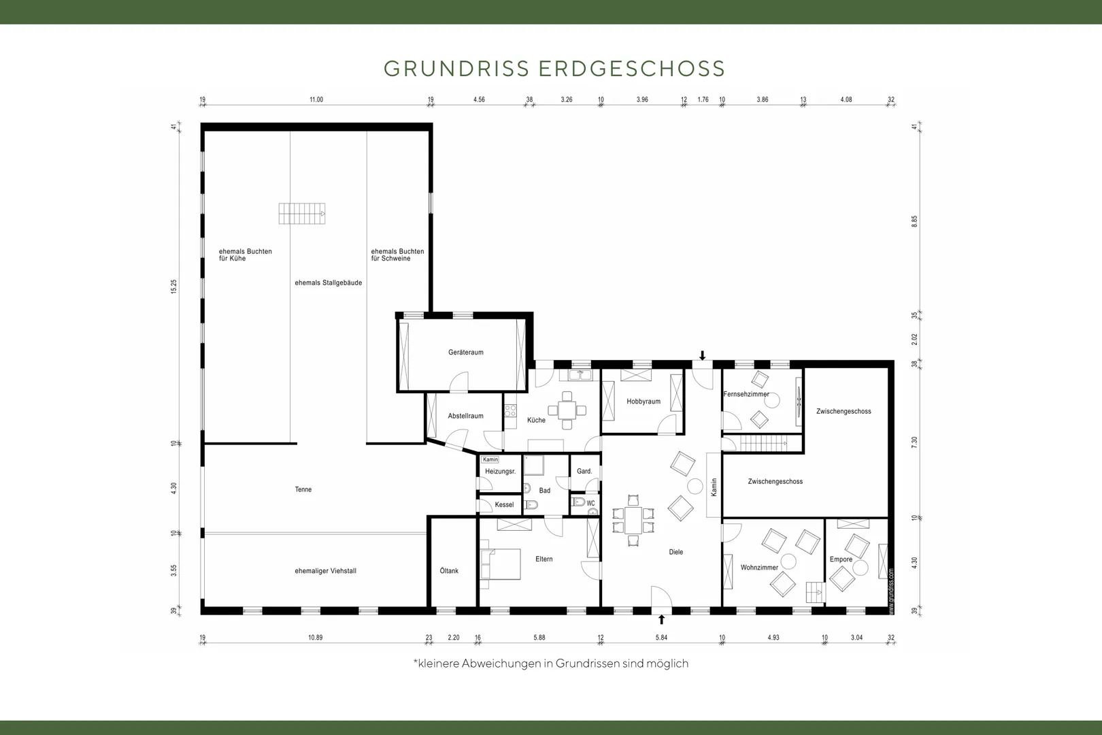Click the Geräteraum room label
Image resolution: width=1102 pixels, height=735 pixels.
point(465,353)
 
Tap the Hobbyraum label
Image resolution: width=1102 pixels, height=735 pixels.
point(643,402)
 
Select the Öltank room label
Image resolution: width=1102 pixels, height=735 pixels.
point(449,570)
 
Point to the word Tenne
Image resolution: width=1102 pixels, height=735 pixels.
point(303,489)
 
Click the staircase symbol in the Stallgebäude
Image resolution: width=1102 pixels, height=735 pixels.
point(302,214)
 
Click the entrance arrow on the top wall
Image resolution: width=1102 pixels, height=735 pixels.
point(703,355)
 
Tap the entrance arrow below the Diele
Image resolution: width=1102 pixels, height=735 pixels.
point(662,619)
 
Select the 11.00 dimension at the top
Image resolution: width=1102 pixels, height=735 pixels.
point(316,99)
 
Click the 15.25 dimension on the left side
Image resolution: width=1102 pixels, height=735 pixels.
point(173,287)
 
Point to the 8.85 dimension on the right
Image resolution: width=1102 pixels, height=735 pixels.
point(914,221)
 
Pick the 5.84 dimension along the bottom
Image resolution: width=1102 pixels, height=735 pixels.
point(661,638)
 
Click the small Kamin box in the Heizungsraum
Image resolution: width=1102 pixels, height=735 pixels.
point(490,459)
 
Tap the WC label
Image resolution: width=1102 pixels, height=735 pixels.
point(591,503)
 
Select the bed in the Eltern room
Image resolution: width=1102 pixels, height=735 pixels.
point(501,564)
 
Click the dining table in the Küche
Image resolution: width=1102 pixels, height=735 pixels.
point(567,410)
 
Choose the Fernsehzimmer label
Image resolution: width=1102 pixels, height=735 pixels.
point(746,394)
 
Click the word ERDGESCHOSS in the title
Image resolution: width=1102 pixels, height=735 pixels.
point(632,69)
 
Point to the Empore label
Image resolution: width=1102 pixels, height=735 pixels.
point(841,559)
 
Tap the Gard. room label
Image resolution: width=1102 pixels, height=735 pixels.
point(584,471)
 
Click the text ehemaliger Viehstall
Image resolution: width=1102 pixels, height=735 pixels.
point(325,571)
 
